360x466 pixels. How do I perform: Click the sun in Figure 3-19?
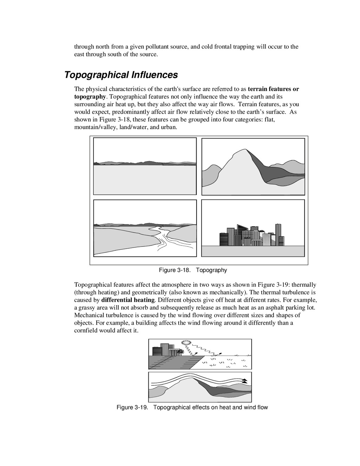point(184,343)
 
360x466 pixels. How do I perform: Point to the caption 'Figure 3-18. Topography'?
point(193,270)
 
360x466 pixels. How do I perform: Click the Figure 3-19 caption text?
point(192,407)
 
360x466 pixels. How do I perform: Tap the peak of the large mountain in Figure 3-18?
point(242,151)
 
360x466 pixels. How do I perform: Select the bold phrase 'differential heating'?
point(128,300)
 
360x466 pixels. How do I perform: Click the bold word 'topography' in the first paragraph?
point(90,96)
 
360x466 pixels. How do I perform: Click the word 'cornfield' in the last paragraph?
point(86,331)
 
